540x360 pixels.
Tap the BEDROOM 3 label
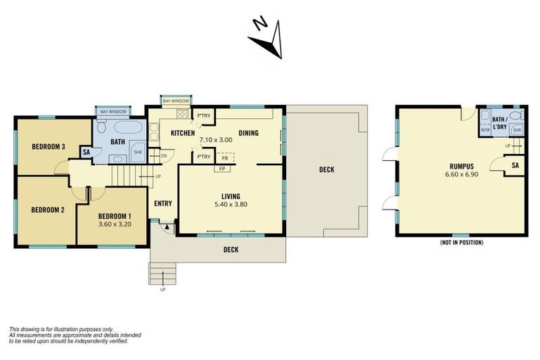(x=49, y=147)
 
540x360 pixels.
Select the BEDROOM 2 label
(x=48, y=210)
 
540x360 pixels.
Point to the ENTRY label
(x=163, y=203)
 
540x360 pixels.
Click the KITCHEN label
(x=182, y=133)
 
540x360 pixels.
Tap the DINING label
(x=248, y=133)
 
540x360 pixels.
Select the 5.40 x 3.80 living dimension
(x=231, y=205)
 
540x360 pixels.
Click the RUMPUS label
(x=461, y=167)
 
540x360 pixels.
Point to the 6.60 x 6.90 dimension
(x=461, y=174)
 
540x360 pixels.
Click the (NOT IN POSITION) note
(x=461, y=243)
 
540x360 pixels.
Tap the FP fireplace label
(x=222, y=169)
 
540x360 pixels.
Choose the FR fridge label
(x=224, y=159)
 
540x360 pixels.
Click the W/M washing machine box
(x=484, y=130)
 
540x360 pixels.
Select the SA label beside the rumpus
(x=515, y=165)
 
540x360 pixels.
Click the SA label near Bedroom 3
(x=86, y=152)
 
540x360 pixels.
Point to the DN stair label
(x=162, y=155)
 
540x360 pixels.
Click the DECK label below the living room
(x=231, y=250)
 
